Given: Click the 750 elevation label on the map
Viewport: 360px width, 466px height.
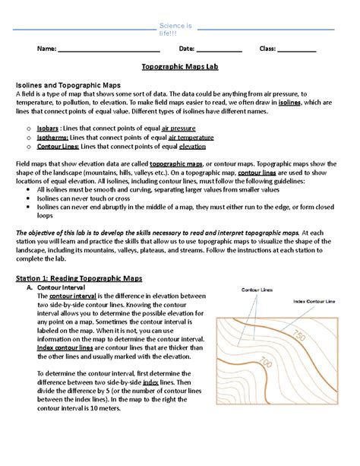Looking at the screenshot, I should pos(298,336).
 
